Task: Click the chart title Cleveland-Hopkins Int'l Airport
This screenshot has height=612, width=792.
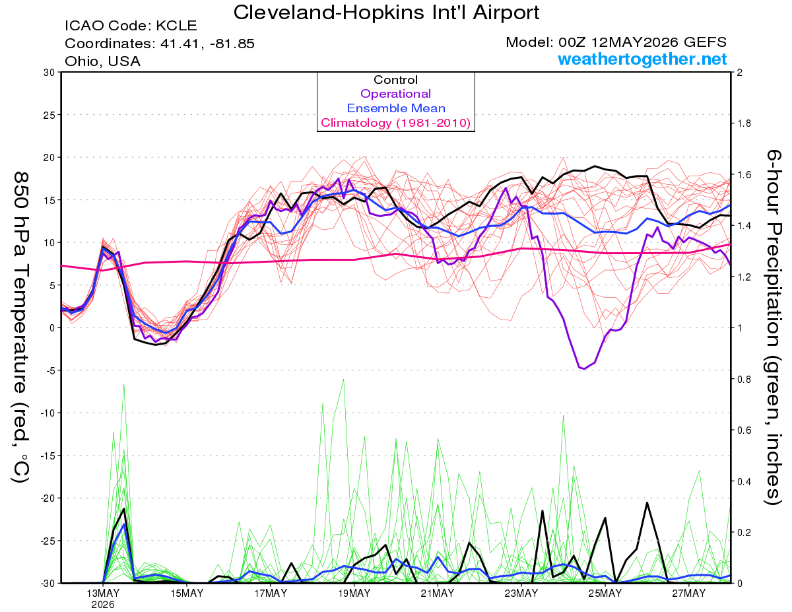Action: (386, 12)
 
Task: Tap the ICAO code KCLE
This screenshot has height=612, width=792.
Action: (176, 26)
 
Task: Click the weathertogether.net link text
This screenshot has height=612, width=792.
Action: (642, 59)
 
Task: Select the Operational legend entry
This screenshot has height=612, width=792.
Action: (395, 94)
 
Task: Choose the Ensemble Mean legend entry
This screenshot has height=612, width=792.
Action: (396, 108)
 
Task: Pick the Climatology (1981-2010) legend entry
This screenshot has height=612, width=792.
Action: (396, 123)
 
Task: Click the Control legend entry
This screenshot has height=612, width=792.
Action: (395, 79)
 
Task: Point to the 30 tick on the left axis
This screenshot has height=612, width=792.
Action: (49, 73)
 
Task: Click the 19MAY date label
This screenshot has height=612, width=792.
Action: (354, 594)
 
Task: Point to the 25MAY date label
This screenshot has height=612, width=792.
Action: (605, 594)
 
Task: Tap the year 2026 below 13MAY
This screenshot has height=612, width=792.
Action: (103, 605)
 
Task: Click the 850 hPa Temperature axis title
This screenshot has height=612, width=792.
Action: (20, 327)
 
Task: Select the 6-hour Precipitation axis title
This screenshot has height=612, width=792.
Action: (773, 327)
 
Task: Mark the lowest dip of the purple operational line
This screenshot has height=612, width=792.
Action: (585, 369)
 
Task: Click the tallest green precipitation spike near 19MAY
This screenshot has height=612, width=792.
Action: (343, 380)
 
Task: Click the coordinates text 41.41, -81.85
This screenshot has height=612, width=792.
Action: (207, 44)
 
